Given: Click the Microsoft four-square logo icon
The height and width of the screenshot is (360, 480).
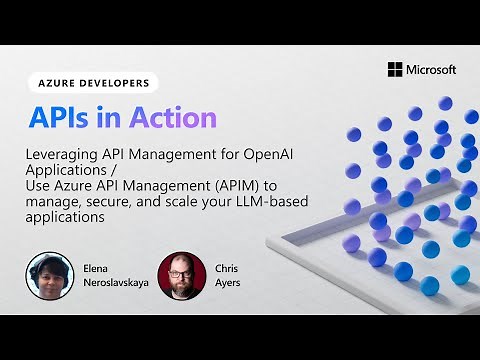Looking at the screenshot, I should [395, 69].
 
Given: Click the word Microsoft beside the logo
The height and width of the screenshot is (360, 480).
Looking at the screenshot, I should [431, 69].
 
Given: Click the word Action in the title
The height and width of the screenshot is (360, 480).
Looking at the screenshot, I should [171, 117].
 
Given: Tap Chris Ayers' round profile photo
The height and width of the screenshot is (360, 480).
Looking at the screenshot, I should [182, 274].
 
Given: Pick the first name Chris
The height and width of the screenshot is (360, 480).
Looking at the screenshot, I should [228, 269].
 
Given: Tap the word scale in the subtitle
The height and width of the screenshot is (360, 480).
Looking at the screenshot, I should [187, 200].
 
